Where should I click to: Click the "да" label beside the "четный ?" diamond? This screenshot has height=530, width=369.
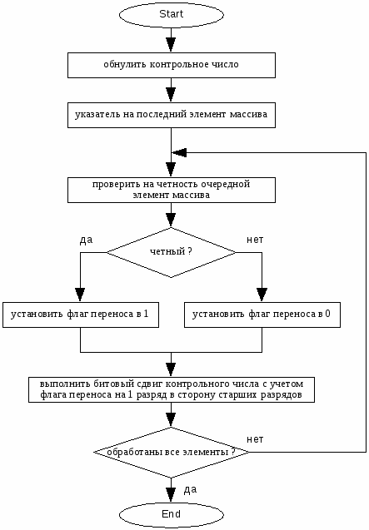click(86, 240)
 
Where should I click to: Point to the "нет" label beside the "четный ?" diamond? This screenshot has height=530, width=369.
click(255, 240)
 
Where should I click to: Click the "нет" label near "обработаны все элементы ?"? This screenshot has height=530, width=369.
click(255, 439)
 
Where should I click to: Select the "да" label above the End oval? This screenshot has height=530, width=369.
click(190, 490)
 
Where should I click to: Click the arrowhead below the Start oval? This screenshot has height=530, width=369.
click(171, 45)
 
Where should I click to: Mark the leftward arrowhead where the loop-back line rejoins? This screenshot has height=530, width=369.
click(179, 152)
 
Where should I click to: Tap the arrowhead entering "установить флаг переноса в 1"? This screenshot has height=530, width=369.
click(80, 295)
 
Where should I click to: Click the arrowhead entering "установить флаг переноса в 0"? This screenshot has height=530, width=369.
click(262, 295)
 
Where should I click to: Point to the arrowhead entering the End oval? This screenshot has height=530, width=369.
click(171, 495)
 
